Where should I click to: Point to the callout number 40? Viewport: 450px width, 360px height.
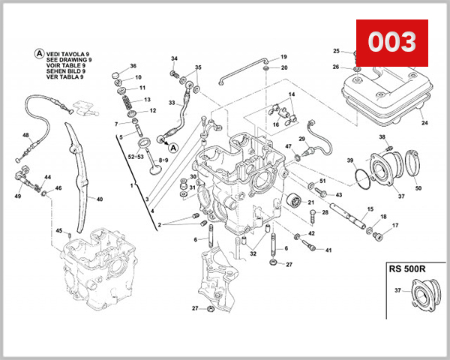click(x=100, y=199)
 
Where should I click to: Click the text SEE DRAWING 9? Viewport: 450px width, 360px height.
click(x=69, y=61)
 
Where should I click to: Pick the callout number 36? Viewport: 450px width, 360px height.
click(x=133, y=67)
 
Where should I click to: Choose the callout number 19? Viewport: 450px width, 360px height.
click(x=283, y=58)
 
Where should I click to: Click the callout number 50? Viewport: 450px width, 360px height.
click(x=418, y=187)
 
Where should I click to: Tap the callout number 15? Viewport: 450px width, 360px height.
click(x=370, y=209)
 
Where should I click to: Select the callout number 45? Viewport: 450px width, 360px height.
click(x=58, y=231)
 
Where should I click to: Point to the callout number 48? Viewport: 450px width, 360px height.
click(x=25, y=136)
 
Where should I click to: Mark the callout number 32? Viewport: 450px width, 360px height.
click(x=253, y=254)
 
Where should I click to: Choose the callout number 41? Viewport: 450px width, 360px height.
click(x=328, y=250)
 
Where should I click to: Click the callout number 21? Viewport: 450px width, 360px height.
click(x=310, y=202)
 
